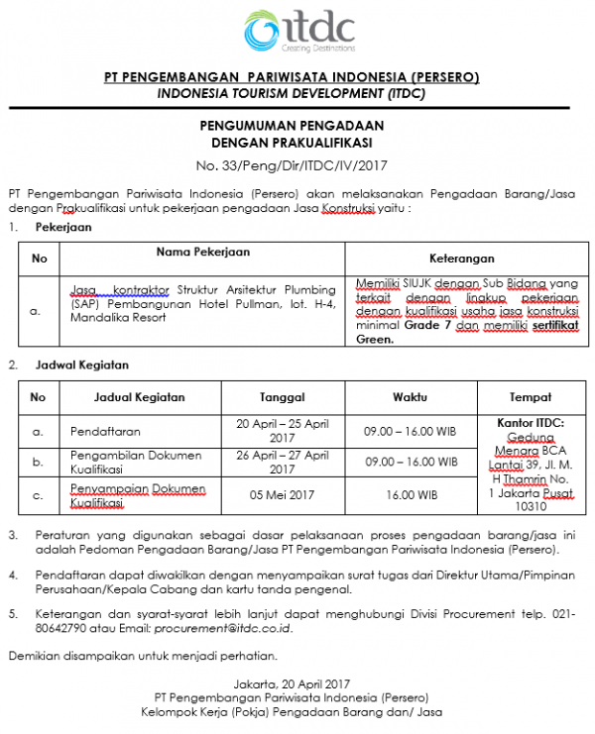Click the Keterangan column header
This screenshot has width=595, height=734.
tap(461, 260)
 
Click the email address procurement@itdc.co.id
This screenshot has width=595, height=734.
tap(229, 628)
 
